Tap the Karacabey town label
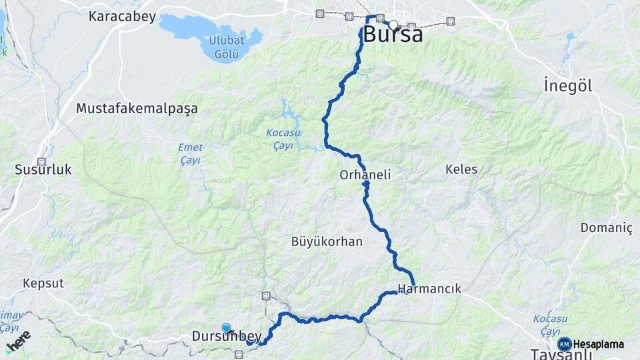(x=123, y=17)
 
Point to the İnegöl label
(x=567, y=86)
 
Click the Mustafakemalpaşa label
(x=137, y=108)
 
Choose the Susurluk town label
(x=43, y=170)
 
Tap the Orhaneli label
(x=365, y=175)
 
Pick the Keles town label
(x=461, y=169)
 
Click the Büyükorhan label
(x=327, y=241)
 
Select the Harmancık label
(x=429, y=289)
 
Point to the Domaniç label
(x=606, y=228)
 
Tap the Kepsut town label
(x=43, y=283)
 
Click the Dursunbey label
(x=226, y=337)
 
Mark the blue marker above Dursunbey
(x=227, y=327)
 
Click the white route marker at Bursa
(x=393, y=25)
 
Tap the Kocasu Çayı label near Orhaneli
(x=279, y=139)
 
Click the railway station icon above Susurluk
(x=41, y=161)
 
